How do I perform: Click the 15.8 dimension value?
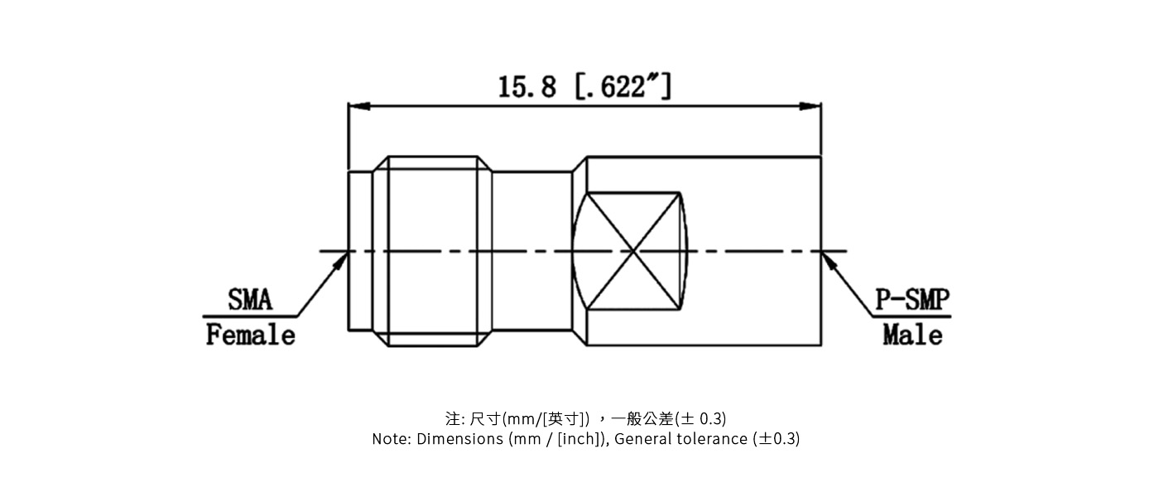527,86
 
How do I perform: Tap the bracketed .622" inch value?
623,86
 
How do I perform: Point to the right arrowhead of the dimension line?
815,106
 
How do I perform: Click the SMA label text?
250,300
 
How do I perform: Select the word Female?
250,335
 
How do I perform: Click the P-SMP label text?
913,300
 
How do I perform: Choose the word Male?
912,335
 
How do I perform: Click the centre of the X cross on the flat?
632,251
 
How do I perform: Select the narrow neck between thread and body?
532,251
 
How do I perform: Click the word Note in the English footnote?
389,439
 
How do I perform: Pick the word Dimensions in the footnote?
459,439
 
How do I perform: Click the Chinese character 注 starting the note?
451,418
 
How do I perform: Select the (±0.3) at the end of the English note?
777,439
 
